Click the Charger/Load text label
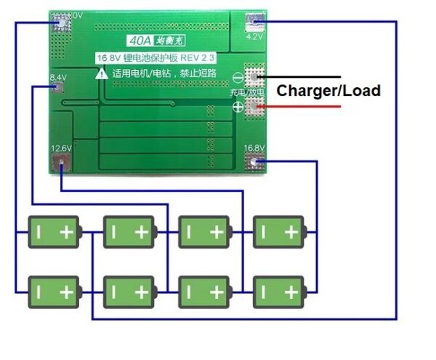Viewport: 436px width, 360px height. click(x=328, y=91)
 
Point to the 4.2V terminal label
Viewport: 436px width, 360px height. click(x=255, y=34)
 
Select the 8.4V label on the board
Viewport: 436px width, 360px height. click(x=58, y=76)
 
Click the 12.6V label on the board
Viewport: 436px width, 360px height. click(x=61, y=148)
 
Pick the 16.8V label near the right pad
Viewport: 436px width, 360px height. click(x=254, y=148)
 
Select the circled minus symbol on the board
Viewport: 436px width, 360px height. click(x=238, y=77)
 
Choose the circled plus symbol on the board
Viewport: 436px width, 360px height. click(x=238, y=108)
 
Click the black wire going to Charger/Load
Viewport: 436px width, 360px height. click(x=305, y=76)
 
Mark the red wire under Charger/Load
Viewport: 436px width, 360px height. click(x=305, y=107)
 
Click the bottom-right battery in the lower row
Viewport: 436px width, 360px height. click(x=277, y=292)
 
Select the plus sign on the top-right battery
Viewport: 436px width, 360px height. click(x=291, y=232)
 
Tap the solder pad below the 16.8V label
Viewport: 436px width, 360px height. click(x=254, y=165)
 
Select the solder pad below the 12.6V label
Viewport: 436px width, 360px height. click(x=60, y=166)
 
